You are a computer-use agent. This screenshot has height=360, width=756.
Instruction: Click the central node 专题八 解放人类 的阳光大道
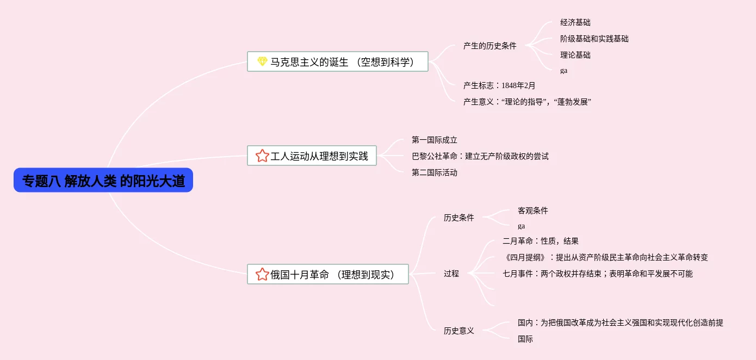tap(103, 181)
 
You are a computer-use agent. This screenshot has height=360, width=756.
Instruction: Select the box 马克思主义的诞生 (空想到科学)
tap(337, 62)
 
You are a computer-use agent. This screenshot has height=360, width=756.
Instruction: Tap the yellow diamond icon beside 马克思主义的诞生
tap(262, 62)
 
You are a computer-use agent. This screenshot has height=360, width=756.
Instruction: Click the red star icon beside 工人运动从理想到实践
tap(262, 156)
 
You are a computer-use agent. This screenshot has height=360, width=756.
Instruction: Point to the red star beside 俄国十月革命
tap(262, 275)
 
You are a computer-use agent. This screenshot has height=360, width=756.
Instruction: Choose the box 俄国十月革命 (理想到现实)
tap(327, 275)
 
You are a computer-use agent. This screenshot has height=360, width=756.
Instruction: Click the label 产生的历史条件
tap(489, 46)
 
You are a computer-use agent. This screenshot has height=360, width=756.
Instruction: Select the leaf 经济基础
tap(575, 23)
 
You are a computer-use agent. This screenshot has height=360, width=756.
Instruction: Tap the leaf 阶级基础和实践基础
tap(594, 39)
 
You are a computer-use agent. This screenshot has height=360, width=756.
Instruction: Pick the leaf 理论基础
tap(575, 55)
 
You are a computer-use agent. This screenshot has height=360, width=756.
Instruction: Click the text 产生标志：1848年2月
tap(499, 85)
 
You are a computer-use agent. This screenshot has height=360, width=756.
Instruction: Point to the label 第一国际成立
tap(434, 140)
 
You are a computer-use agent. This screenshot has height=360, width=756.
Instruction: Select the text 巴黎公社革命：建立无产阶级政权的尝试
tap(480, 157)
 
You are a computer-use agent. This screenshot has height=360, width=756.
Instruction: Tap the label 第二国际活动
tap(434, 173)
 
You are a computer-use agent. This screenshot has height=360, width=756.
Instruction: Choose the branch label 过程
tap(451, 274)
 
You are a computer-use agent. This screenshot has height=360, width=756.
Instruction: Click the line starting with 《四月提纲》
tap(605, 258)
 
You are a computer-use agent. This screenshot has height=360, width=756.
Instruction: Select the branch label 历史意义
tap(458, 331)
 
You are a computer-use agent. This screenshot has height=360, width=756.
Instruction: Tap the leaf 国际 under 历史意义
tap(525, 339)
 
